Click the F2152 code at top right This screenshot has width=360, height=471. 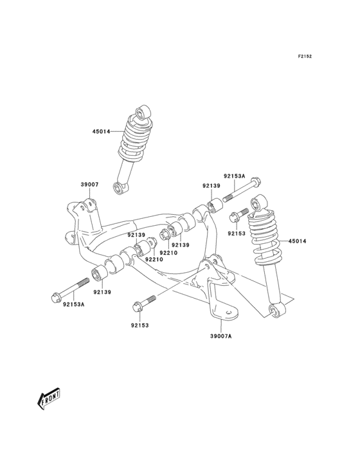(304, 57)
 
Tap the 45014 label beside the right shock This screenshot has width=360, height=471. (297, 241)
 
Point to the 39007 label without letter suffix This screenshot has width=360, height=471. (89, 185)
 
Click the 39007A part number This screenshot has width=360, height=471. (220, 335)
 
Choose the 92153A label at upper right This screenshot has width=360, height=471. (234, 176)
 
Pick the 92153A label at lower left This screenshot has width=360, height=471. (74, 304)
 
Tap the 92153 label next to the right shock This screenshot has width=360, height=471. (237, 234)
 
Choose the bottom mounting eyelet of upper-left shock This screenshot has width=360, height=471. (119, 187)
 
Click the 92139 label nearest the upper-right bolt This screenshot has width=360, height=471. (212, 185)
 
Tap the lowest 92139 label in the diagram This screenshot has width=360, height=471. (102, 292)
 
